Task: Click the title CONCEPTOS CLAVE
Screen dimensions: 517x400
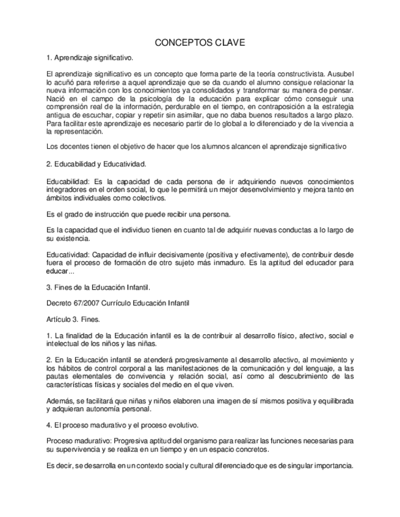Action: pos(200,44)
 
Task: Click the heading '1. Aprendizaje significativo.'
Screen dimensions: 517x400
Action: pos(89,58)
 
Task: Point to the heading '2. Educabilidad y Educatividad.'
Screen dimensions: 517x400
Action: pos(96,164)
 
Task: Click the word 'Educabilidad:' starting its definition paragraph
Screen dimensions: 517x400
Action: pos(67,182)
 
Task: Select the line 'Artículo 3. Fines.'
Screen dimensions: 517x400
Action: pos(73,319)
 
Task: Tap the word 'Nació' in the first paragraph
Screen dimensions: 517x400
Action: pos(57,99)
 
